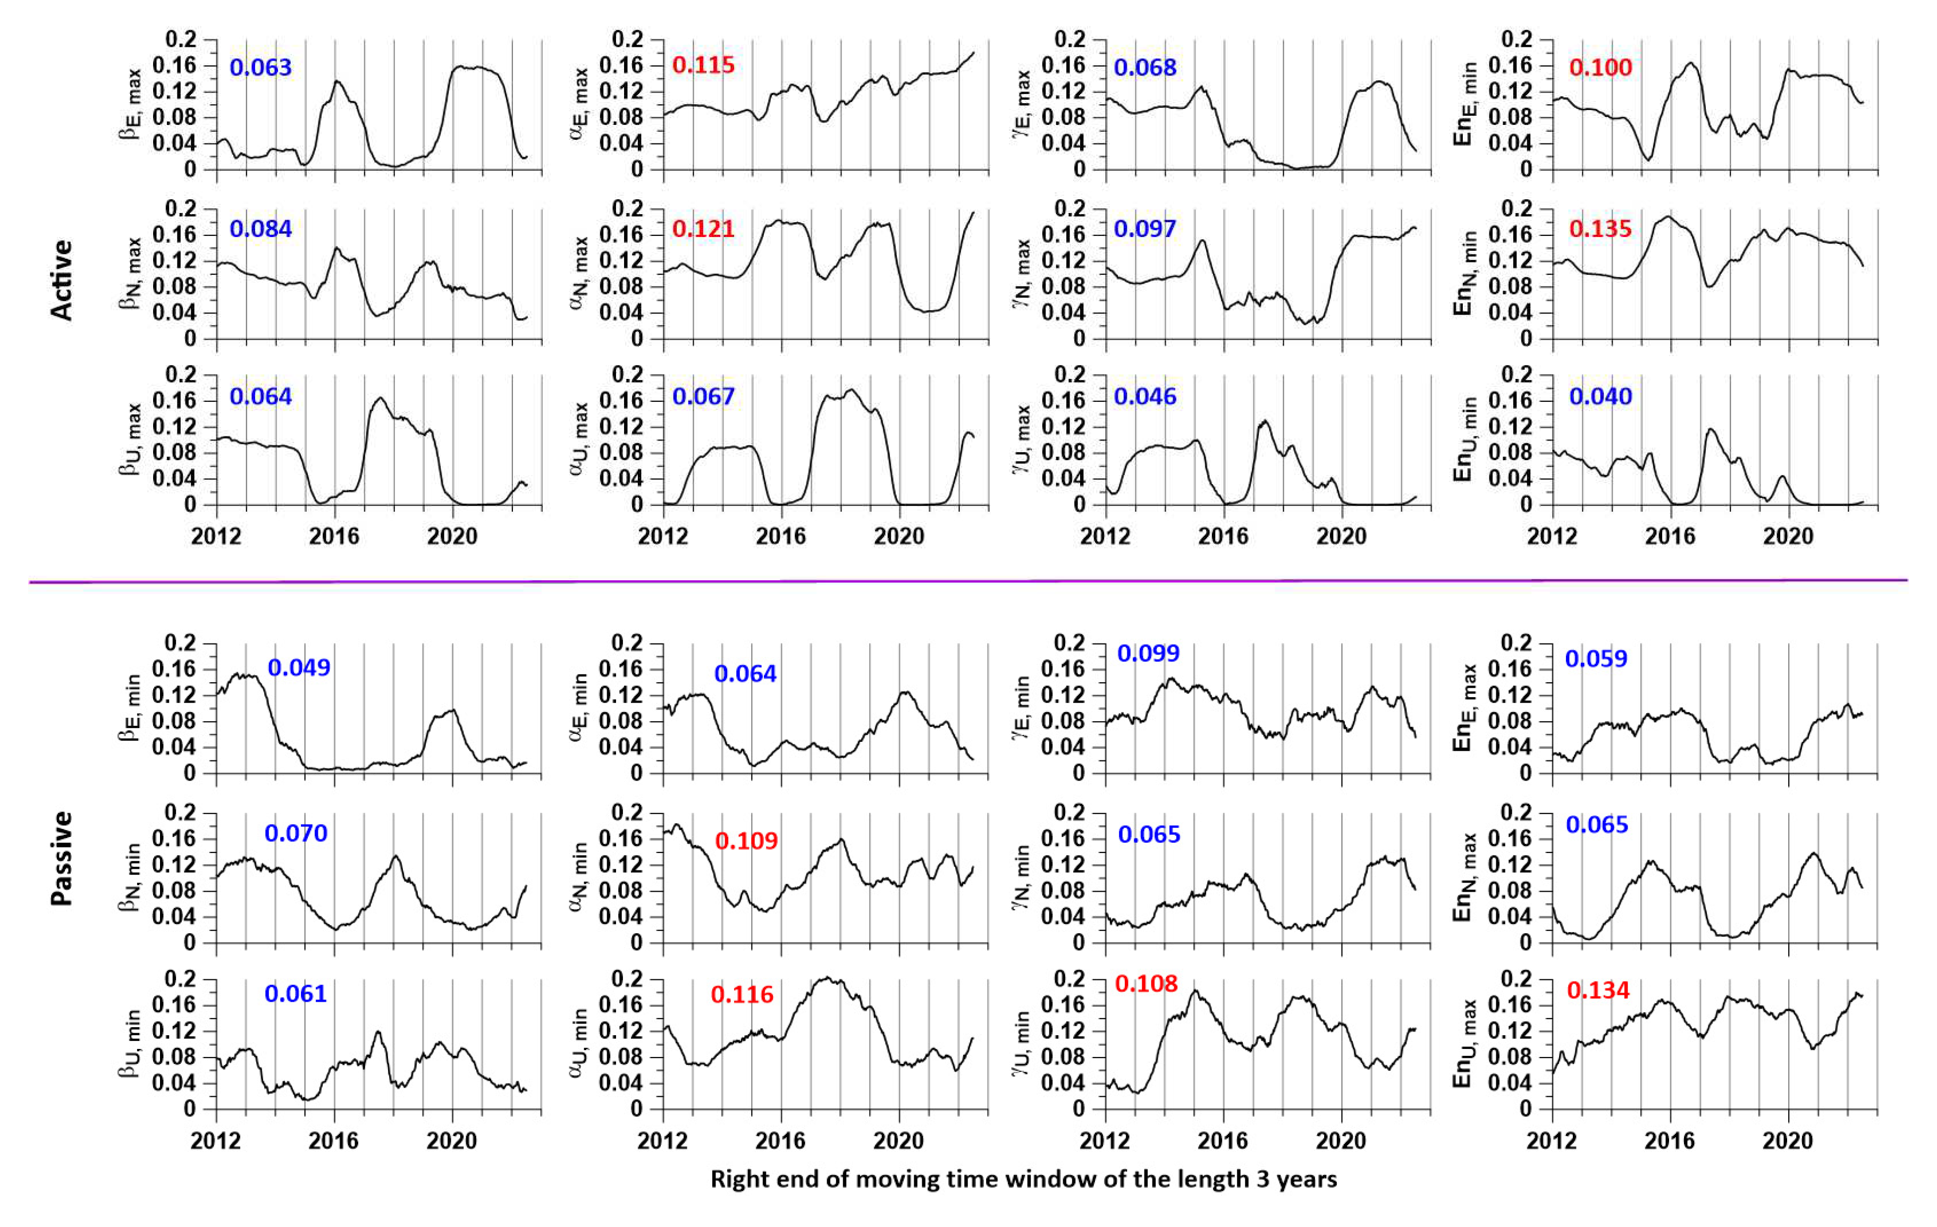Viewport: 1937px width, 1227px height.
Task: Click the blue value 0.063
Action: click(260, 67)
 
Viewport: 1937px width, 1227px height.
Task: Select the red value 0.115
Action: click(703, 65)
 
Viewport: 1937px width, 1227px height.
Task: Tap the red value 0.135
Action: click(1600, 229)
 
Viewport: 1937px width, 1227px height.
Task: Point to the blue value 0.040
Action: click(1600, 396)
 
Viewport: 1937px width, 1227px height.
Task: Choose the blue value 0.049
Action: click(298, 667)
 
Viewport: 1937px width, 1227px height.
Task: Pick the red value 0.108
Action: click(1146, 984)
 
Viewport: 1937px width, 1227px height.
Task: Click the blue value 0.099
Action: click(1148, 653)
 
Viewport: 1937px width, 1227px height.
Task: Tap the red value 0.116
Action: click(742, 995)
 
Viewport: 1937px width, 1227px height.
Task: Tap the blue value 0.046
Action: click(1144, 396)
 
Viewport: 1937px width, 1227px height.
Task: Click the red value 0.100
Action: click(1600, 67)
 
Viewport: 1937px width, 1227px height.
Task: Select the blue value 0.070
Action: click(296, 833)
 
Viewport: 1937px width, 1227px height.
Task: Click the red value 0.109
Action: click(746, 841)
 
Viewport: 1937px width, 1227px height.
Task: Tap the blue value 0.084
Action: click(260, 229)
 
